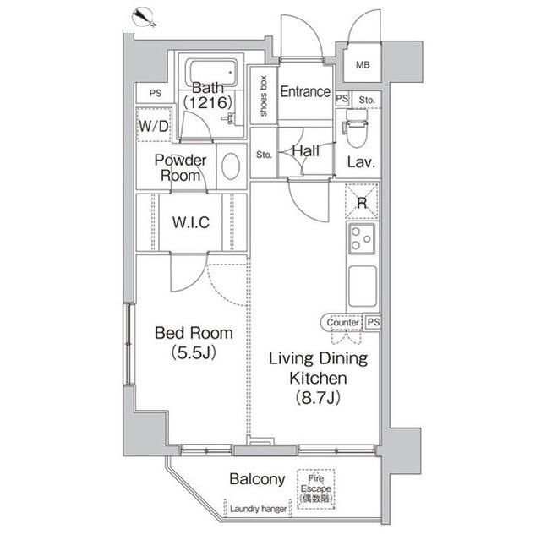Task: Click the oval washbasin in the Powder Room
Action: pos(231,166)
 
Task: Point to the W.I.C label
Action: pos(190,222)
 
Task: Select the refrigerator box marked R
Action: pos(362,202)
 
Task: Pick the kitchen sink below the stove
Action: pos(362,286)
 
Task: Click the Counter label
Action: pos(342,322)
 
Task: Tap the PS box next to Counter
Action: pos(373,322)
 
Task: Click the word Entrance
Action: pos(304,91)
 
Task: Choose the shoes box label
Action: pos(264,95)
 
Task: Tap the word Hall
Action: pos(304,150)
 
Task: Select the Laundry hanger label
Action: pos(256,510)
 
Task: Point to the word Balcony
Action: pos(257,479)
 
